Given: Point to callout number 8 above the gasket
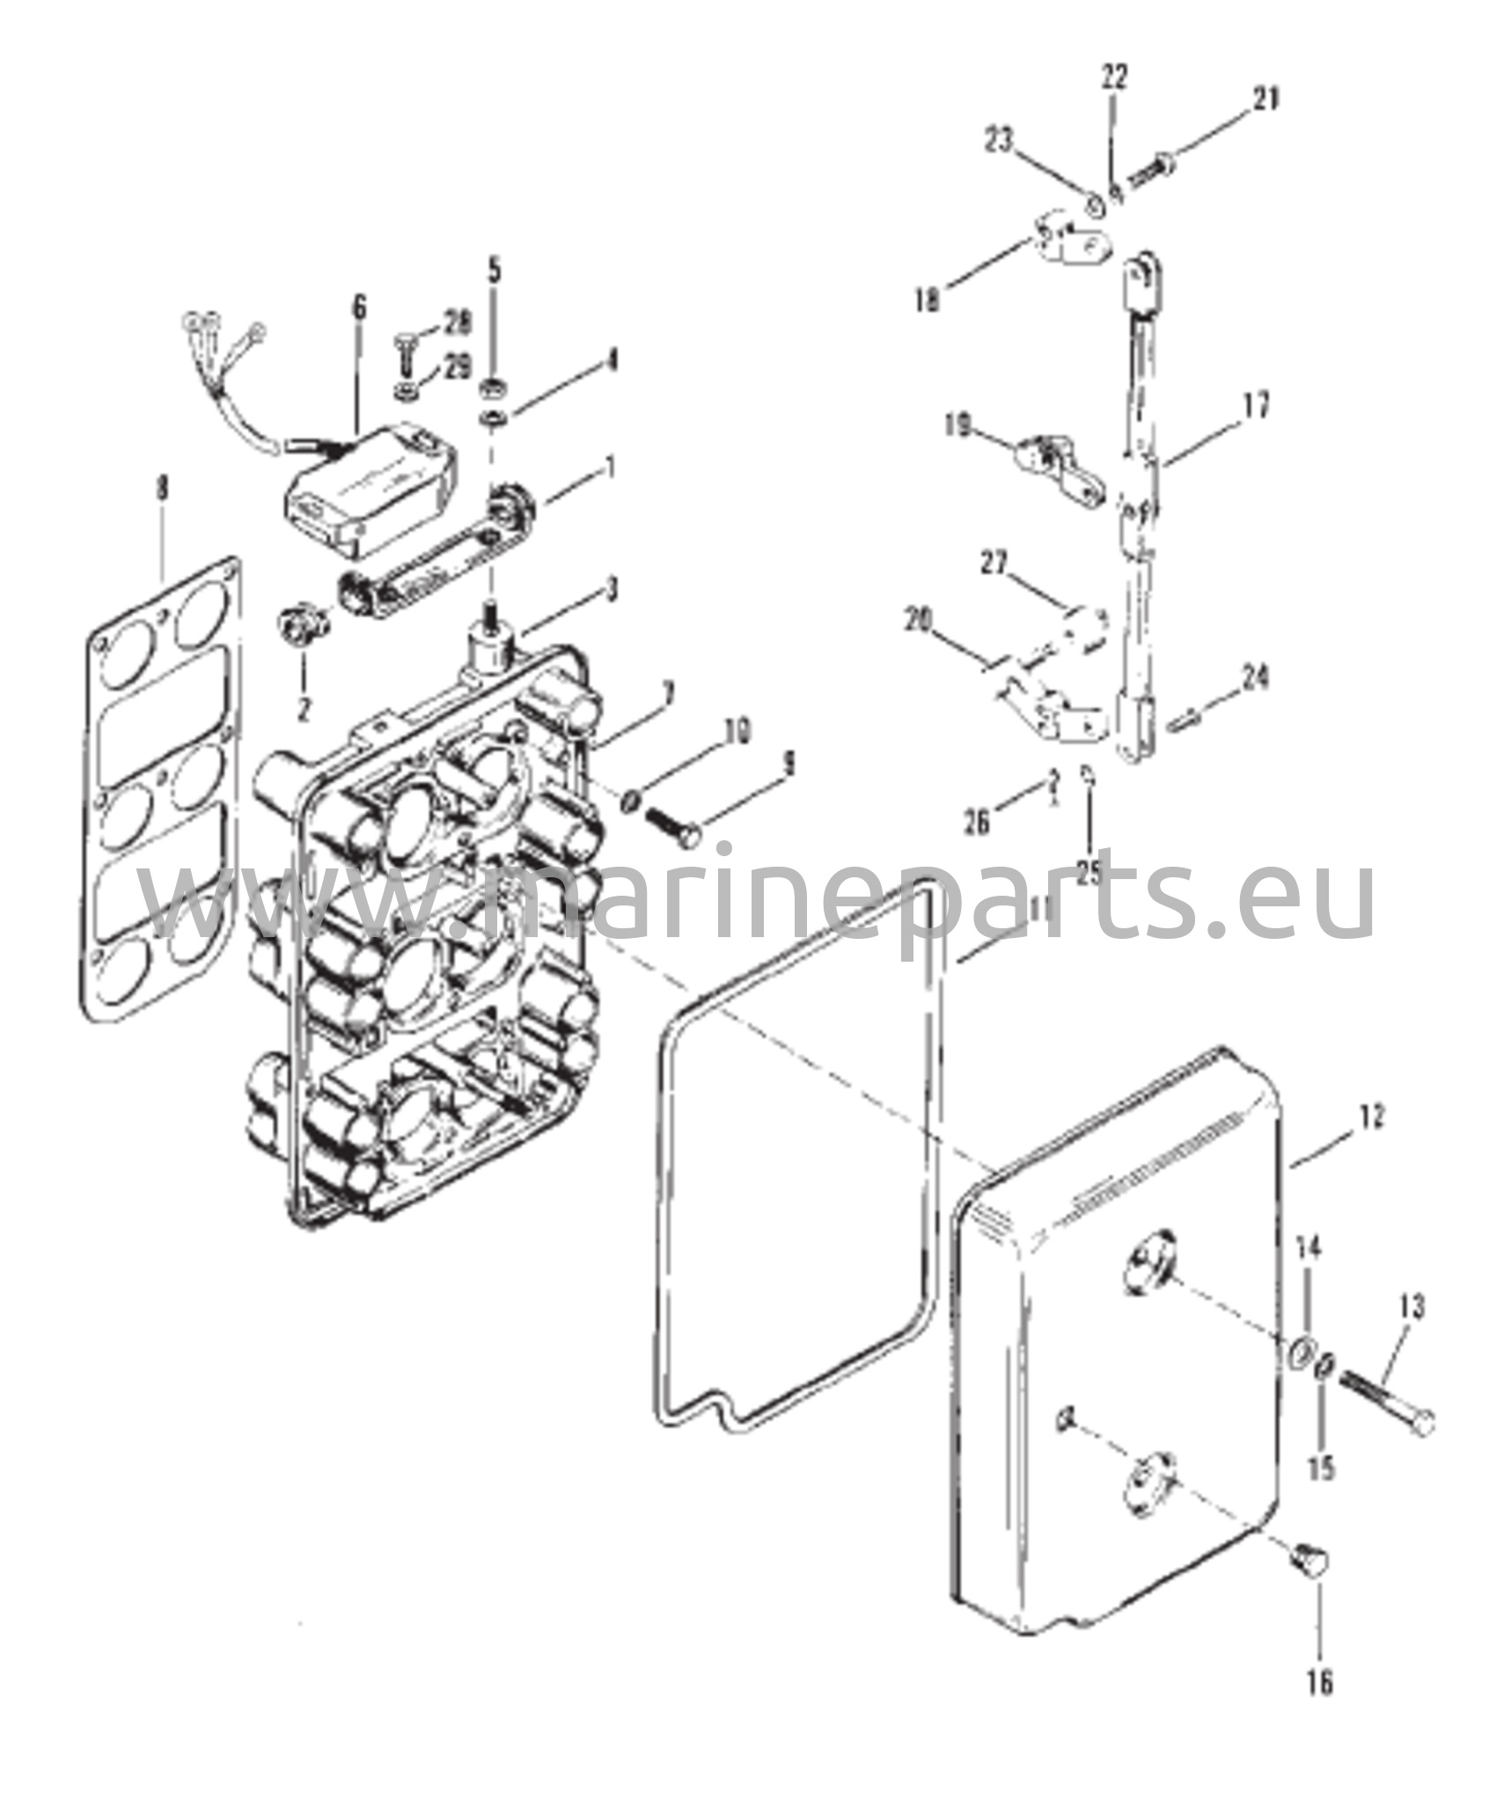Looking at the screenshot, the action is [x=162, y=490].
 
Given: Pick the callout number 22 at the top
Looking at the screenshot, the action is [x=1114, y=77].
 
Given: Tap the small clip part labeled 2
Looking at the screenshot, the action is [x=302, y=623].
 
